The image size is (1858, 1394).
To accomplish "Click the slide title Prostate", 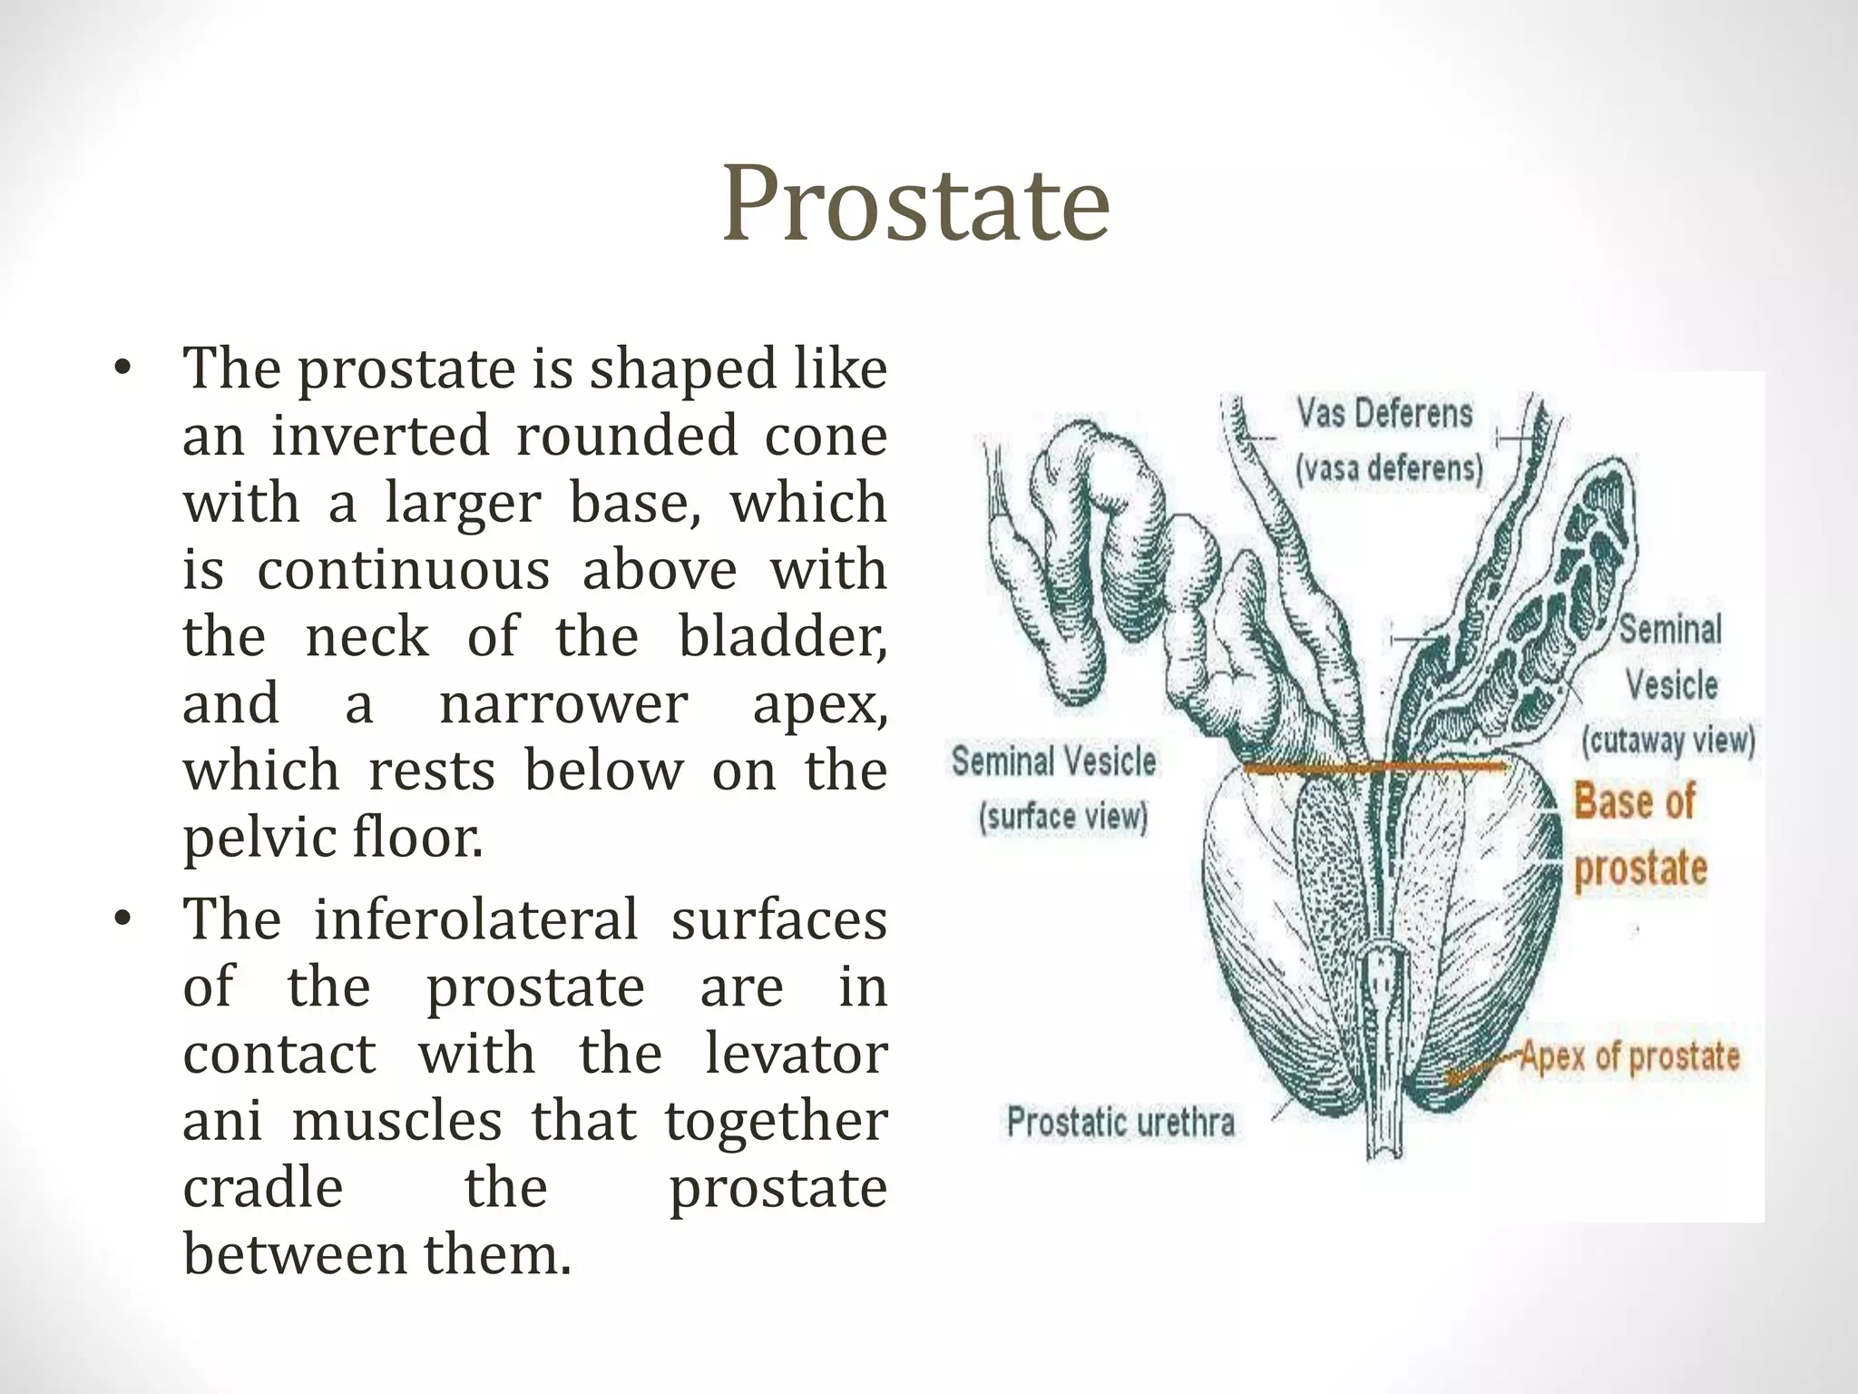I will [915, 204].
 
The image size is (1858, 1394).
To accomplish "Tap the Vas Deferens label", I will [1384, 414].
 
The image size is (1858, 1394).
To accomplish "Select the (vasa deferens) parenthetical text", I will [1389, 469].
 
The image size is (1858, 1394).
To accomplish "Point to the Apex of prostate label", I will [1629, 1056].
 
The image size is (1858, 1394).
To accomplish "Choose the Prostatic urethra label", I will [1120, 1123].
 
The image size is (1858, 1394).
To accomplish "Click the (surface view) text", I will [1063, 817].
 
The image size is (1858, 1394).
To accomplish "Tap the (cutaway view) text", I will [1668, 741].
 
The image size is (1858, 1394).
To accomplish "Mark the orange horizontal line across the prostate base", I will [1374, 768].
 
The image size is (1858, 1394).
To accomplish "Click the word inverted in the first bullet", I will [380, 436].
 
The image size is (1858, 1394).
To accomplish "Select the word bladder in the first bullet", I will [782, 637].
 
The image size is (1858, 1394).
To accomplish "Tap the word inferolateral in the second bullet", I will [476, 919].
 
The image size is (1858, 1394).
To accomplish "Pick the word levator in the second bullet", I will [796, 1054].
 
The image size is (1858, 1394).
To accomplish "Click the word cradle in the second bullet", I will [263, 1188].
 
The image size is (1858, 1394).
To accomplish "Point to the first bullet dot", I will [123, 369].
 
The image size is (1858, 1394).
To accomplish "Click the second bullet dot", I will [123, 920].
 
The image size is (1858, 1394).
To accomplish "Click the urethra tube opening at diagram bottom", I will [1385, 1151].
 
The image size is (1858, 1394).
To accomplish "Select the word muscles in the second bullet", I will [396, 1121].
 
